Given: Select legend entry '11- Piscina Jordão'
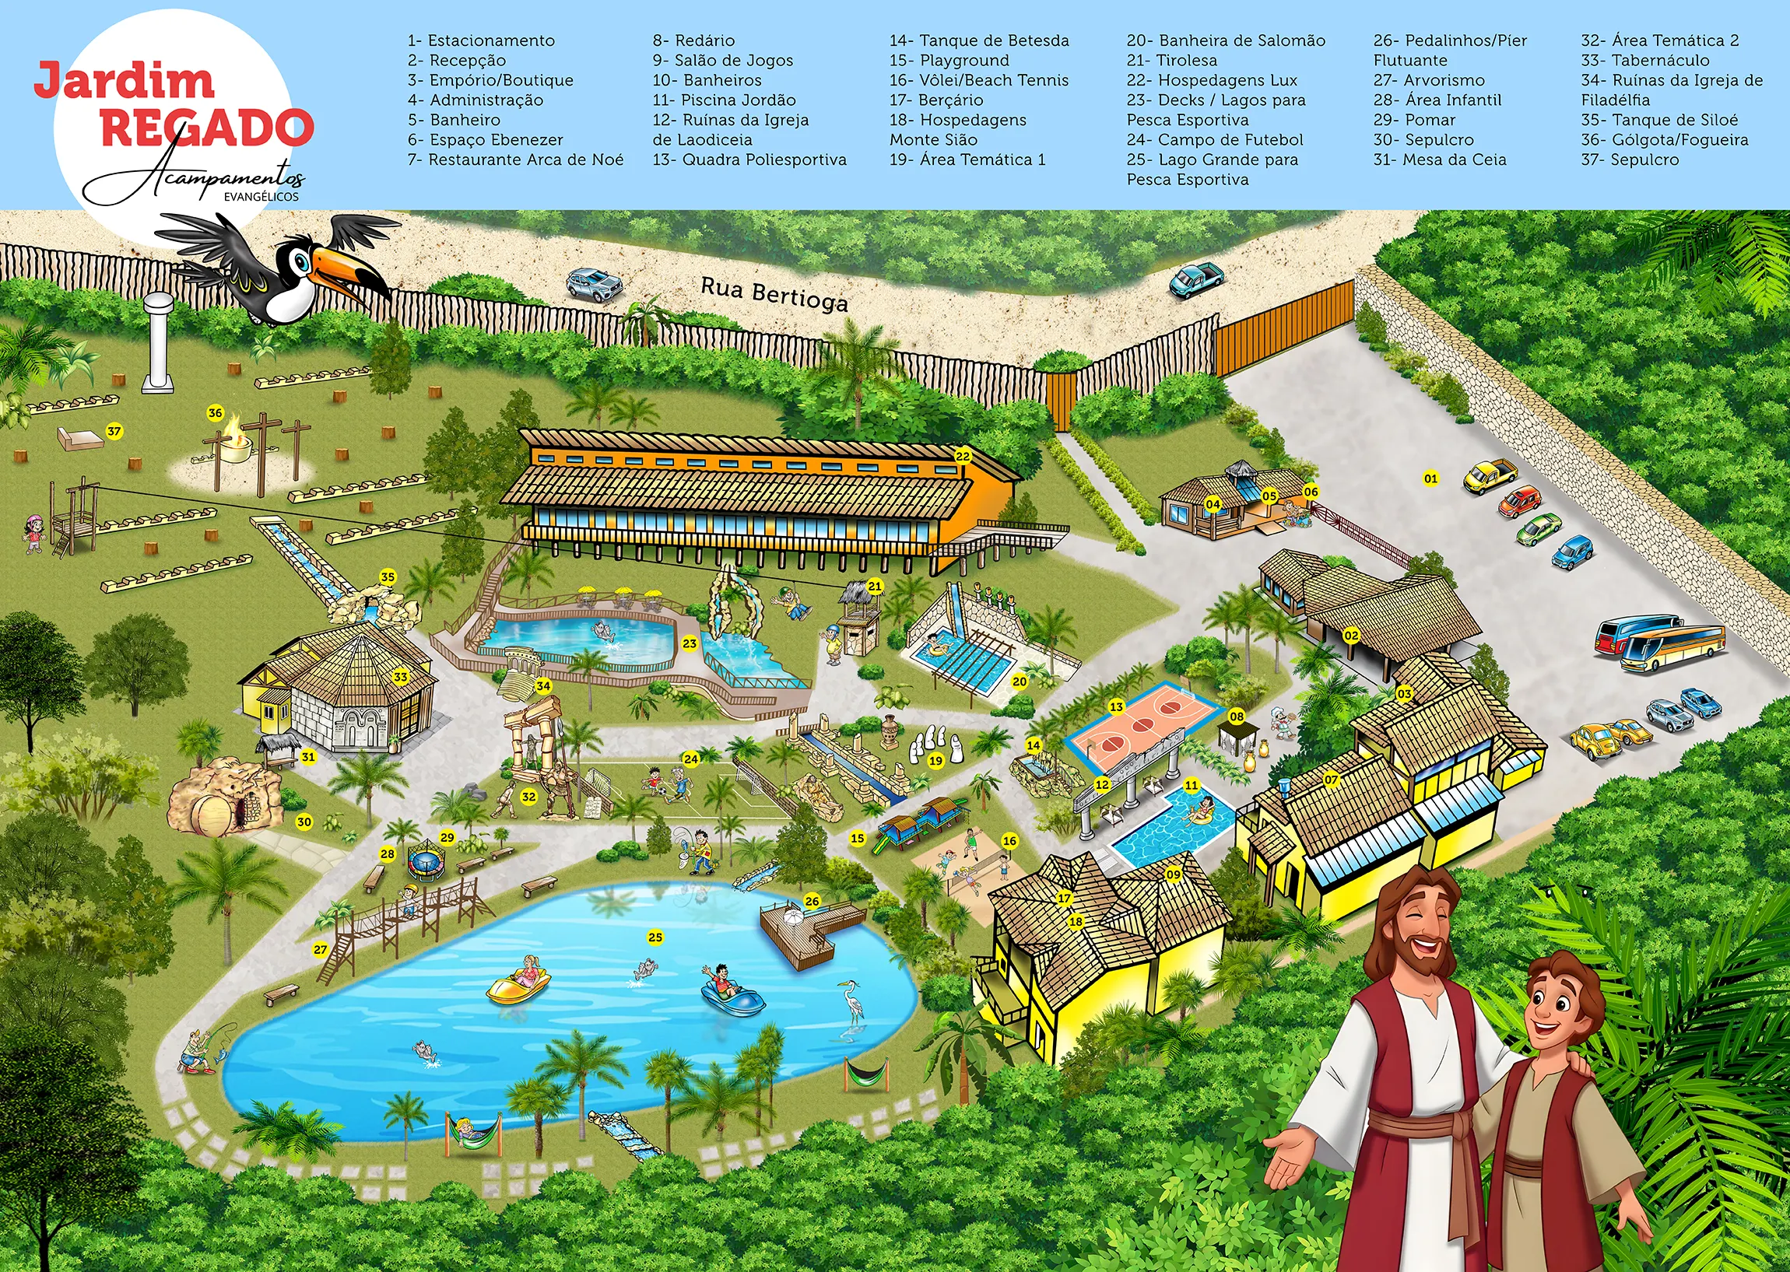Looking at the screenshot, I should point(723,100).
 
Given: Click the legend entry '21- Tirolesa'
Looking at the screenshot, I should point(1171,61).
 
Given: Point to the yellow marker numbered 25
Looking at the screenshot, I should point(655,937).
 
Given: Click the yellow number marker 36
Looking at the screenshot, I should point(215,413).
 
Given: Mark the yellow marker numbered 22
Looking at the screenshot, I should point(962,457).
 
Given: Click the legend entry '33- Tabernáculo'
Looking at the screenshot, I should point(1644,61).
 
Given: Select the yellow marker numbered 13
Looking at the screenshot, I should point(1116,706).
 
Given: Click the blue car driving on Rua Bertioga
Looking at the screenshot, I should point(1195,279).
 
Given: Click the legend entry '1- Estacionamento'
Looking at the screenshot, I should point(480,40).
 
